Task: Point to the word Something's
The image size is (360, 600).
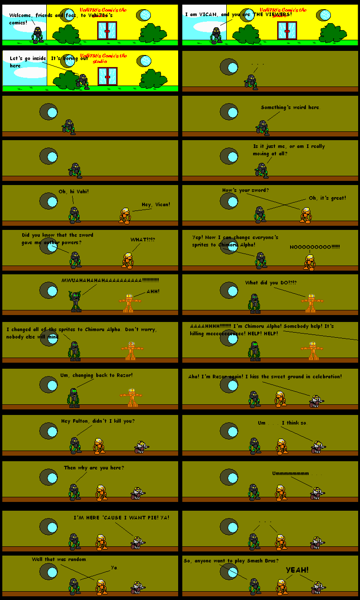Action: pyautogui.click(x=275, y=107)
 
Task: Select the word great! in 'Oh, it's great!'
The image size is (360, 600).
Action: pyautogui.click(x=336, y=198)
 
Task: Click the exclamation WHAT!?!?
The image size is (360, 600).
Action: pyautogui.click(x=143, y=240)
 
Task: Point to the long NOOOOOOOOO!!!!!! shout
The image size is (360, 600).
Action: pyautogui.click(x=315, y=247)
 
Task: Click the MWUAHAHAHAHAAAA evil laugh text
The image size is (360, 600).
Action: pyautogui.click(x=110, y=280)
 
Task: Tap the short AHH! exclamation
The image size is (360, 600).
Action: pyautogui.click(x=153, y=291)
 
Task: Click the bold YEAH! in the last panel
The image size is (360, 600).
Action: pyautogui.click(x=297, y=570)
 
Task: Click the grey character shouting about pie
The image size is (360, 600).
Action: pyautogui.click(x=137, y=542)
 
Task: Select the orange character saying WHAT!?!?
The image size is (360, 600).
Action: pyautogui.click(x=127, y=260)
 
